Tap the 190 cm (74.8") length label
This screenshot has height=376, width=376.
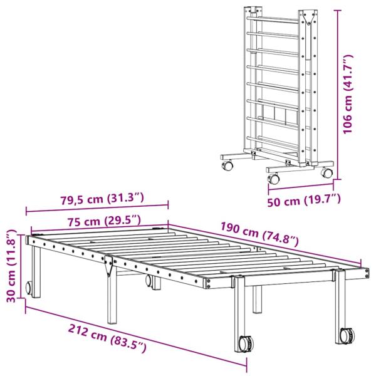click(x=259, y=233)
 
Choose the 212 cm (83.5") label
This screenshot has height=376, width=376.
click(x=108, y=337)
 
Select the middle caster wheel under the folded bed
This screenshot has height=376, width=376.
click(x=274, y=179)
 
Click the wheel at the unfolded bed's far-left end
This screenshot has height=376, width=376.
click(x=29, y=289)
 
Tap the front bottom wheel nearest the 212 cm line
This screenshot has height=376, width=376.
click(x=246, y=344)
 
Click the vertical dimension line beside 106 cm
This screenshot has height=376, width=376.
click(x=338, y=94)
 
